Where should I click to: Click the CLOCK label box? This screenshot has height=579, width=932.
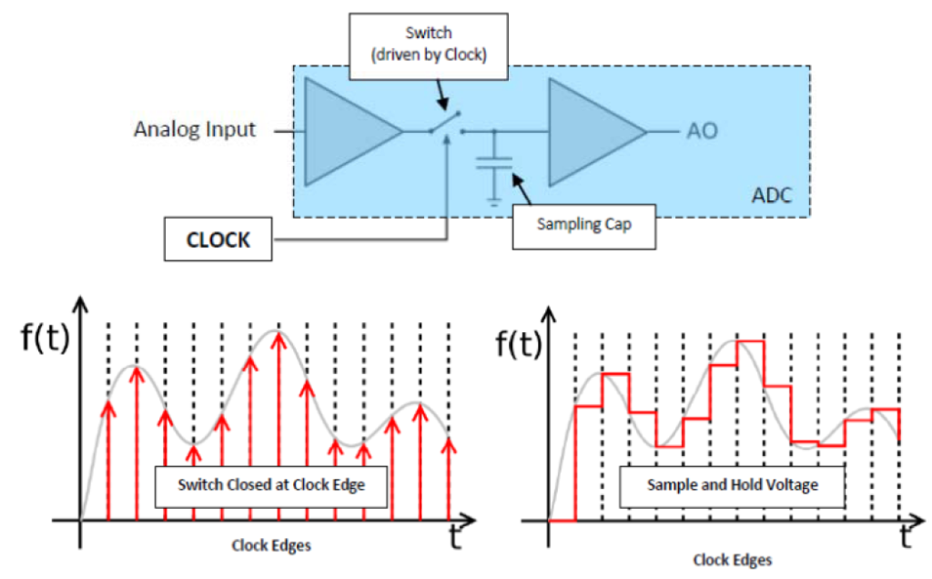218,240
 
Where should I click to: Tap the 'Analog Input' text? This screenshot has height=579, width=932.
195,129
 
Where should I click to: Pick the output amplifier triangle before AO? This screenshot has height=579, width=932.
593,131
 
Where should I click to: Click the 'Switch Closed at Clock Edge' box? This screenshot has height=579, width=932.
271,485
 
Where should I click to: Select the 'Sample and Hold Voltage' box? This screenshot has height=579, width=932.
732,485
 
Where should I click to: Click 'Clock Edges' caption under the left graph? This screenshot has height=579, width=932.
272,545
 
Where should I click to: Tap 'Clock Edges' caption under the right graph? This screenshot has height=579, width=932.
732,559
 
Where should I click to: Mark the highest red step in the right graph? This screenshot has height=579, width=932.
749,341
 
